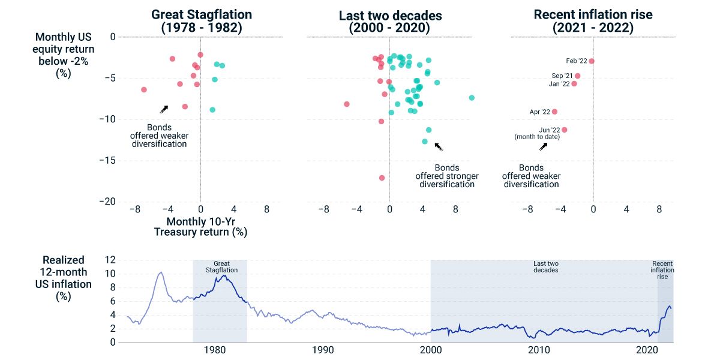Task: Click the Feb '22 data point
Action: [592, 61]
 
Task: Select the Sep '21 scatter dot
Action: [578, 76]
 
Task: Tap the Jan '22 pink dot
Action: [574, 84]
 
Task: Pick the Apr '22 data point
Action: [554, 112]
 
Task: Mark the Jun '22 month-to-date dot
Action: [565, 130]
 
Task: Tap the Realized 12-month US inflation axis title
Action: [63, 278]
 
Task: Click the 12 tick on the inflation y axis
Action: [110, 260]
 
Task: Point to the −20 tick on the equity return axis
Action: [107, 202]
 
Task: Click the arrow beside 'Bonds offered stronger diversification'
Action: [439, 147]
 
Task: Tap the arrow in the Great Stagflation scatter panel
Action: [164, 109]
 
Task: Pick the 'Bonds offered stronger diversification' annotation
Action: [447, 176]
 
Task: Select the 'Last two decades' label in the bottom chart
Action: [546, 267]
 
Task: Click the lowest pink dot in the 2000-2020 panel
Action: [382, 178]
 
